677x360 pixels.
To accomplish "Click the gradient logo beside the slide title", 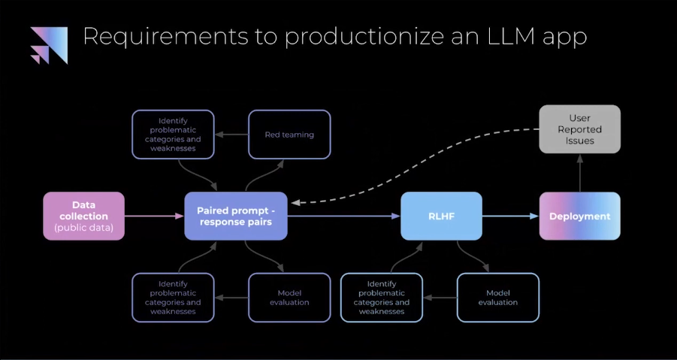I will click(49, 45).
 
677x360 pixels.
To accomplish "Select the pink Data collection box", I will click(83, 216).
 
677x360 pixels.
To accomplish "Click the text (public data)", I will click(83, 227).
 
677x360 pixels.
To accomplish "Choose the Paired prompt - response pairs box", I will click(236, 216).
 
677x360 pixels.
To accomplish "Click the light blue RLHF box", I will click(441, 216).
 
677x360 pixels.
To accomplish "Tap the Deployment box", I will click(579, 216).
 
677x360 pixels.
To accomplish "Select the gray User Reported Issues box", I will click(579, 129).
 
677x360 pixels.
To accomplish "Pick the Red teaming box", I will click(289, 135).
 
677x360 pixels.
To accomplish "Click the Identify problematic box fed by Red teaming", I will click(173, 135).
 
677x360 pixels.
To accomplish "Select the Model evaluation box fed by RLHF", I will click(497, 297).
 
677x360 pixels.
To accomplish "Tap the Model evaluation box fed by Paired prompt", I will click(289, 297).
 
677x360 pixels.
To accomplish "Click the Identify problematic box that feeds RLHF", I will click(382, 297).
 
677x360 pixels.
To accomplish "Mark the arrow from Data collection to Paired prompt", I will click(154, 216).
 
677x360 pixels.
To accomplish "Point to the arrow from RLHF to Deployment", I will click(510, 216).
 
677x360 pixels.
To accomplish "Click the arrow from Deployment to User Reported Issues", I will click(579, 173).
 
